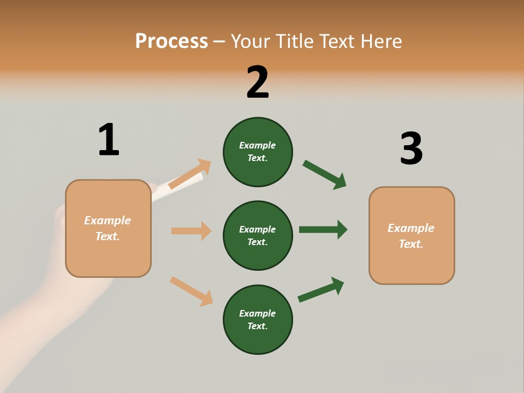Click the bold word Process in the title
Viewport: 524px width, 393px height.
click(171, 41)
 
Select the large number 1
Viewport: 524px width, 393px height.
click(109, 140)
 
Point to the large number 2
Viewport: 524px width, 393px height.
click(258, 82)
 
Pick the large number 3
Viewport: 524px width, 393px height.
click(411, 148)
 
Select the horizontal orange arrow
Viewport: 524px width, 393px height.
click(191, 231)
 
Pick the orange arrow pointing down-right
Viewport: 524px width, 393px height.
click(191, 291)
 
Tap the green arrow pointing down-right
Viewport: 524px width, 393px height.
click(324, 174)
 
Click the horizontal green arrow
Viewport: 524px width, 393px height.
click(323, 229)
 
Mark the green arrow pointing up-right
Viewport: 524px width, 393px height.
click(321, 289)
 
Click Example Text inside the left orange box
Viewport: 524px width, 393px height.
click(108, 228)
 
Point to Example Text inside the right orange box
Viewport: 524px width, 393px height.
click(411, 236)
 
